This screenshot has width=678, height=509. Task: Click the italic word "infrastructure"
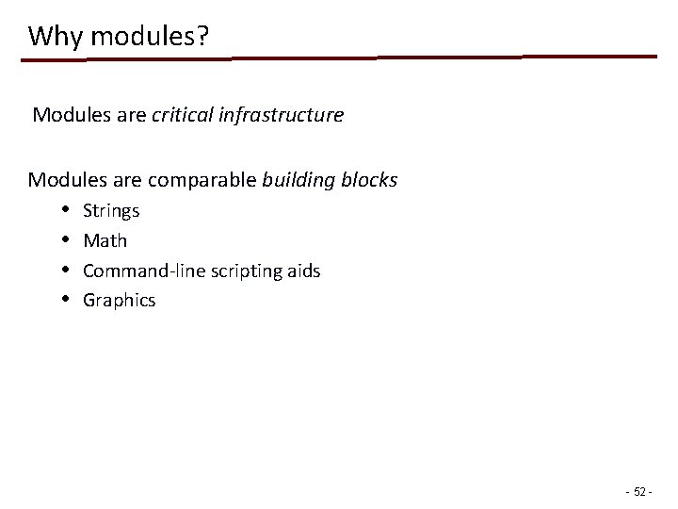281,116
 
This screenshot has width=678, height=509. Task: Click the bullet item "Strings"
111,211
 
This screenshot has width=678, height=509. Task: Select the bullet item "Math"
105,241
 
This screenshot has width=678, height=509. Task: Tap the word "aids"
303,271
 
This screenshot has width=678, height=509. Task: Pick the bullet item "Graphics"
119,302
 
